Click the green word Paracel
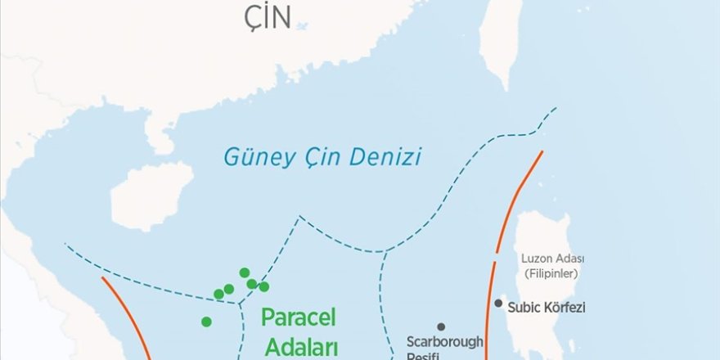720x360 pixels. pyautogui.click(x=299, y=317)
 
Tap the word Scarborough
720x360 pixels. pyautogui.click(x=445, y=341)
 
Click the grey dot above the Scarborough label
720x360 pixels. pyautogui.click(x=441, y=326)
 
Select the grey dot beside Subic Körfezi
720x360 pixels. pyautogui.click(x=498, y=304)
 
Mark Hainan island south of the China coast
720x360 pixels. pyautogui.click(x=151, y=195)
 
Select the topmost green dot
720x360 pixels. pyautogui.click(x=244, y=272)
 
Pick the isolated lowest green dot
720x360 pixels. pyautogui.click(x=206, y=322)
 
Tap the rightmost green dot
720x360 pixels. pyautogui.click(x=263, y=286)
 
